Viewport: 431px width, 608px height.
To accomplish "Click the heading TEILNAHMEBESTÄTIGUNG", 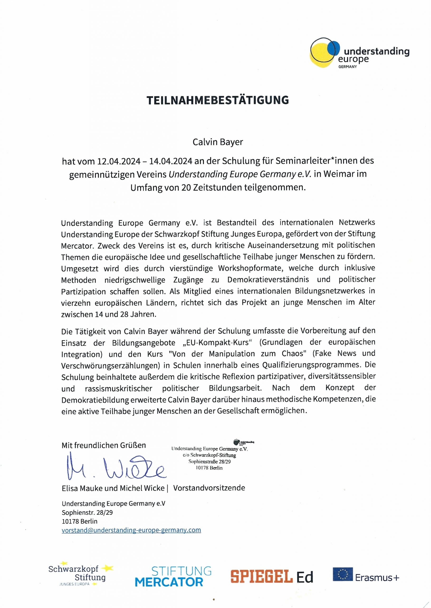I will click(218, 100).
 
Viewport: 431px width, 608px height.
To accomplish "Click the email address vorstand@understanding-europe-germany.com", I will click(131, 530).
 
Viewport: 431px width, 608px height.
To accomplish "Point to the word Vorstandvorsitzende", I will click(209, 488).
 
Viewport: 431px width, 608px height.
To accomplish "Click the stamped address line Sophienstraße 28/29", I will click(209, 461).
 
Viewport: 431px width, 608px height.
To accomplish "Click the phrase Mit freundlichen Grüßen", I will click(104, 445).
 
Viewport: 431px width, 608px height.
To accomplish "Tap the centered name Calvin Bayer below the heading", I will click(218, 142).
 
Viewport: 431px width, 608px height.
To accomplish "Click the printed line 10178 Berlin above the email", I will click(80, 521).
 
